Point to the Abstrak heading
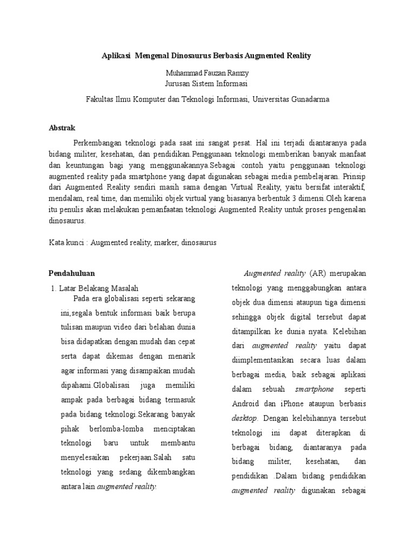(62, 128)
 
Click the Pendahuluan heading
(71, 273)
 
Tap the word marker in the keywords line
(165, 243)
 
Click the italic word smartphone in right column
(314, 389)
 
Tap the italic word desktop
(245, 418)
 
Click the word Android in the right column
(245, 404)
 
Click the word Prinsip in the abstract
(354, 176)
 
